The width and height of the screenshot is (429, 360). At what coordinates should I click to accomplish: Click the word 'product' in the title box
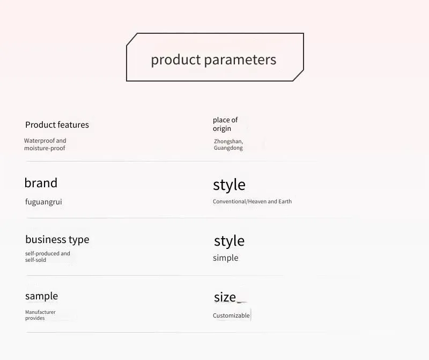pos(176,60)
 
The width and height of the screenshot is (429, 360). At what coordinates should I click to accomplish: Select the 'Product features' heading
pos(57,125)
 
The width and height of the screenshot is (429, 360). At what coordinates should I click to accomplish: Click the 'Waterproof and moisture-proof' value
pos(45,144)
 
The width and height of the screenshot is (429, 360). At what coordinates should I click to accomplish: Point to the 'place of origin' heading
pos(225,124)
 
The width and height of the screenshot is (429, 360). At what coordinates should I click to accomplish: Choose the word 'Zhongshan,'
pos(228,141)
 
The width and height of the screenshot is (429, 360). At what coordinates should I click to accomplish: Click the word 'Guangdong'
pos(228,148)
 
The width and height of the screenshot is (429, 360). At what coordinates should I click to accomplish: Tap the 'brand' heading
pos(41,182)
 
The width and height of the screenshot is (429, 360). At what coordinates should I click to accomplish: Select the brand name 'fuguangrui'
pos(43,202)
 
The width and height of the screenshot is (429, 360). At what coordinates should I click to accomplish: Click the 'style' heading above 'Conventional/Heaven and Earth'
pos(229,185)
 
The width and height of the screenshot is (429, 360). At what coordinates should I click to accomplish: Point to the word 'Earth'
pos(285,202)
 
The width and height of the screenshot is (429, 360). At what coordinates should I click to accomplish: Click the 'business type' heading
pos(57,239)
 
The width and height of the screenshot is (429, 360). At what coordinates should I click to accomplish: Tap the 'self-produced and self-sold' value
pos(48,257)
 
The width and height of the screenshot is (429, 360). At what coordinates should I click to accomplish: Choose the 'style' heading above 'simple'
pos(230,241)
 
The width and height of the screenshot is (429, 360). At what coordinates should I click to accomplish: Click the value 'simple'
pos(225,258)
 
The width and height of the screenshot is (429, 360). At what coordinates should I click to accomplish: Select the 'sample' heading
pos(42,296)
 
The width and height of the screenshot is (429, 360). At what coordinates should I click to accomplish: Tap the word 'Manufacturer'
pos(40,312)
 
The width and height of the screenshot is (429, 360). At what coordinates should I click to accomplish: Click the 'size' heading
pos(225,297)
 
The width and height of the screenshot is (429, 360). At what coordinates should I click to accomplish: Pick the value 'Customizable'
pos(231,315)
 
